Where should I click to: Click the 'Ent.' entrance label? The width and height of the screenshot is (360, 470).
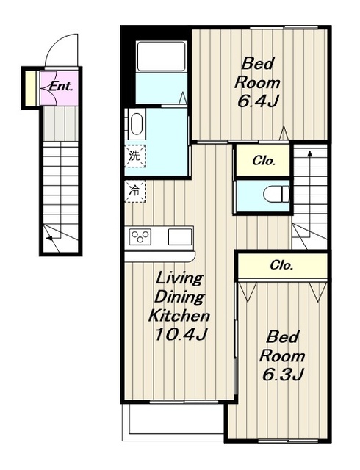pyautogui.click(x=61, y=87)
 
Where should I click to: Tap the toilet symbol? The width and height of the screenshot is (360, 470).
pyautogui.click(x=276, y=195)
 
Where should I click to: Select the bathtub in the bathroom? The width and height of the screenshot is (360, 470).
pyautogui.click(x=162, y=56)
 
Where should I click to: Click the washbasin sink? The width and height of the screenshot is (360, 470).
pyautogui.click(x=137, y=124)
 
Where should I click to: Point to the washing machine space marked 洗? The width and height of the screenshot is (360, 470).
pyautogui.click(x=135, y=156)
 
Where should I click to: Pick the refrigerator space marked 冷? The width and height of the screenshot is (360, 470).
pyautogui.click(x=135, y=191)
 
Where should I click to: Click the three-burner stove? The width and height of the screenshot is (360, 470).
pyautogui.click(x=140, y=236)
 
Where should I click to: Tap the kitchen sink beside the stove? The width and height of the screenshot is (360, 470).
pyautogui.click(x=180, y=236)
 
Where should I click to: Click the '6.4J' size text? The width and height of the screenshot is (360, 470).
pyautogui.click(x=256, y=102)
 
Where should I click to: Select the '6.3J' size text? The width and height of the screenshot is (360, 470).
pyautogui.click(x=283, y=374)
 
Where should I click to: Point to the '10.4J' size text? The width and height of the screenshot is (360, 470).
pyautogui.click(x=180, y=334)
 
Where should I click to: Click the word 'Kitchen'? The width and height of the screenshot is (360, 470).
pyautogui.click(x=179, y=315)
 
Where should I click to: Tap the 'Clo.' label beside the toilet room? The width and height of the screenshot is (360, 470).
pyautogui.click(x=264, y=162)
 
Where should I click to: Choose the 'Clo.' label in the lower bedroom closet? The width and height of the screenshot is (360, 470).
pyautogui.click(x=281, y=265)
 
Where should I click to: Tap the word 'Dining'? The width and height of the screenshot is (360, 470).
pyautogui.click(x=179, y=297)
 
